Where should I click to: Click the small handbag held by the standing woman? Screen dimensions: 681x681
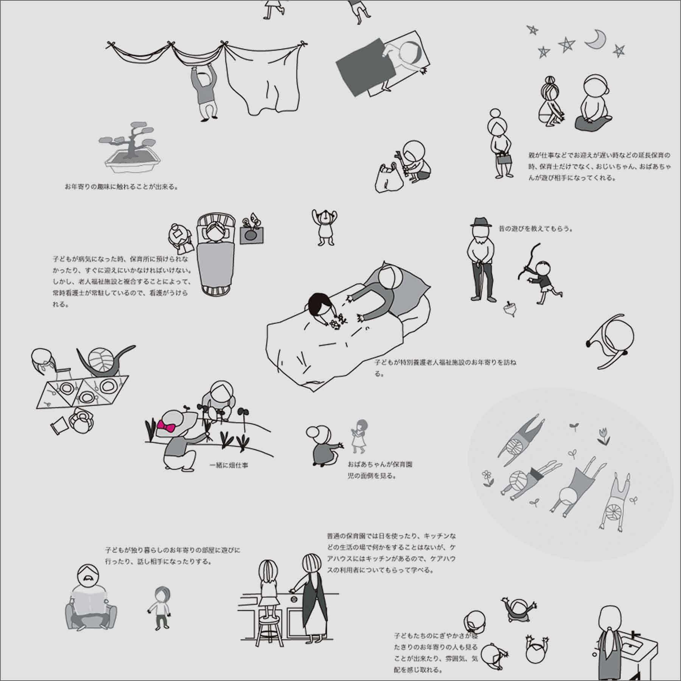(x=504, y=159)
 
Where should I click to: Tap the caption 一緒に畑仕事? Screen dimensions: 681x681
(x=229, y=465)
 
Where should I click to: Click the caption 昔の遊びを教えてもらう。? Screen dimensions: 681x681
(x=536, y=229)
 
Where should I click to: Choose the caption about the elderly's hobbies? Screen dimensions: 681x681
(x=121, y=187)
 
